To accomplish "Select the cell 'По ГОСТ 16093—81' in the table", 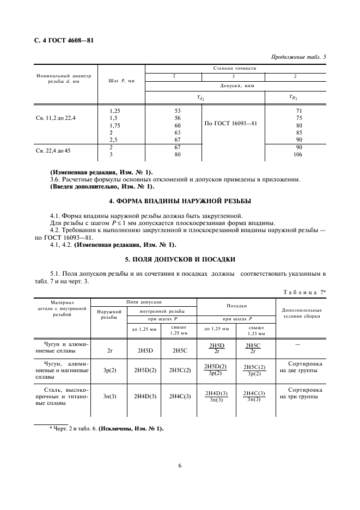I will click(x=231, y=124).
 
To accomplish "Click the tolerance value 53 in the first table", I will click(x=177, y=111).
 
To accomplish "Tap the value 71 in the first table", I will click(x=298, y=111).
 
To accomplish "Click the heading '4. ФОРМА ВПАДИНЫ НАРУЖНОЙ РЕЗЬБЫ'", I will click(x=180, y=201).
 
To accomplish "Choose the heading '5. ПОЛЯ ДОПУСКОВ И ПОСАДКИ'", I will click(x=180, y=259).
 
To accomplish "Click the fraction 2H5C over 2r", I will click(x=253, y=349).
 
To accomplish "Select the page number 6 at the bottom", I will click(x=180, y=466).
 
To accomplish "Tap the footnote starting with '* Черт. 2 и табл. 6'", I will click(x=106, y=429).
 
